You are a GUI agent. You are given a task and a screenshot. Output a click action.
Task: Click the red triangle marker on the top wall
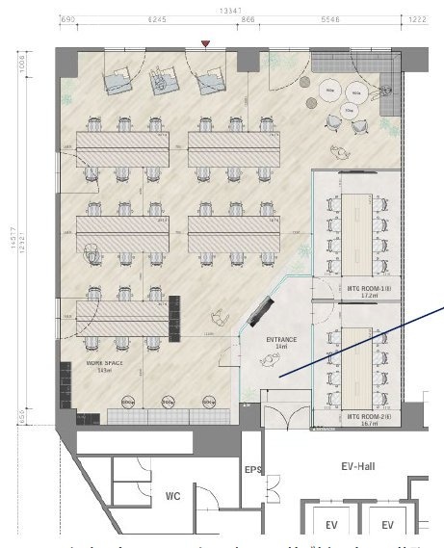click(x=203, y=43)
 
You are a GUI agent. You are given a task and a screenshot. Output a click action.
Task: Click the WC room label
click(x=171, y=497)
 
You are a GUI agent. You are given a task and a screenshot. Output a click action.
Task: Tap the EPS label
click(x=252, y=470)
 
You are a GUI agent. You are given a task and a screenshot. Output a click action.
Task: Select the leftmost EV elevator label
click(x=330, y=525)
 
